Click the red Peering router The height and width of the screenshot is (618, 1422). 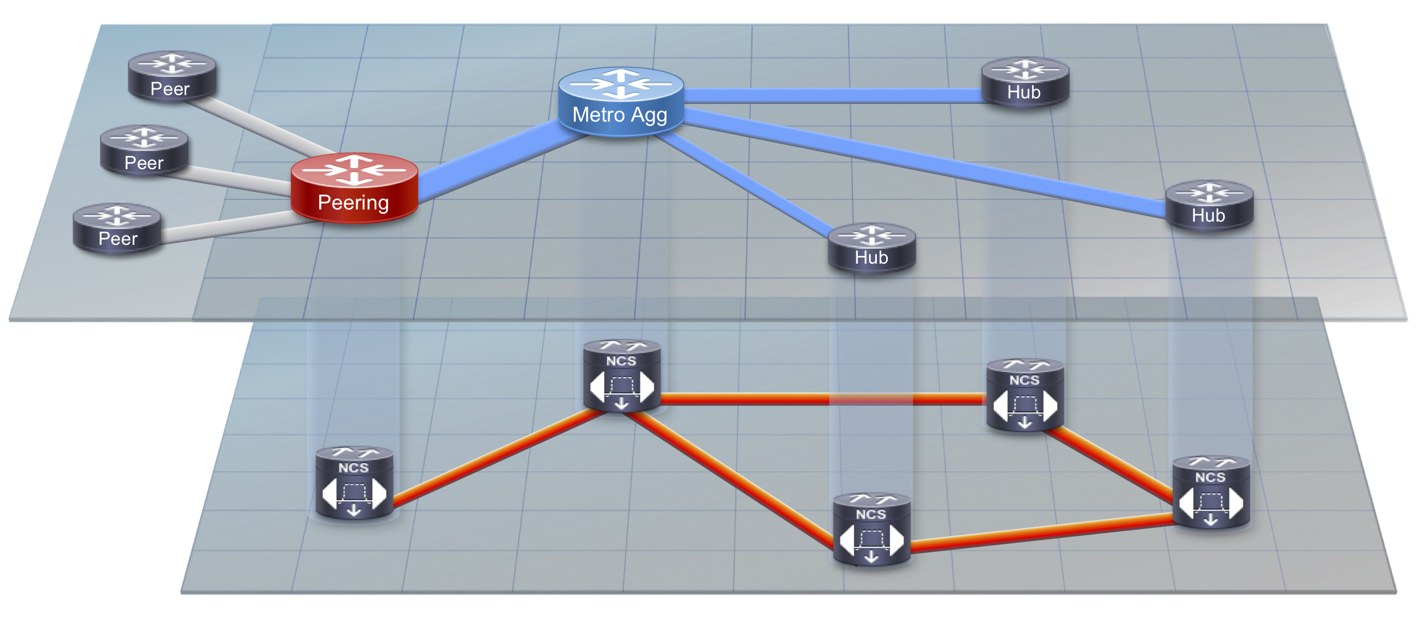(354, 188)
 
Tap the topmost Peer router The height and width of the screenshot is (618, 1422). (172, 76)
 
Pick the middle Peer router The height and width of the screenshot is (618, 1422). (144, 151)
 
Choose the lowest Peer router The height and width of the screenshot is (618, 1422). (117, 228)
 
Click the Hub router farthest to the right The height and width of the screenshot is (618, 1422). (1209, 205)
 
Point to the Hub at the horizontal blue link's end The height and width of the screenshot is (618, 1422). (1025, 82)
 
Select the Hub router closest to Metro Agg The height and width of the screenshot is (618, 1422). (872, 248)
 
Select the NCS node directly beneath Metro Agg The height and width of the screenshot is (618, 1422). (622, 376)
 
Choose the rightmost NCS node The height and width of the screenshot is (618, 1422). (1211, 493)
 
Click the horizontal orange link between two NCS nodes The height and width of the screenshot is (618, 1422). (824, 399)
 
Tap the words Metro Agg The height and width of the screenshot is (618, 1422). (620, 114)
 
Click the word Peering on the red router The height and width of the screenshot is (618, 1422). (354, 202)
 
